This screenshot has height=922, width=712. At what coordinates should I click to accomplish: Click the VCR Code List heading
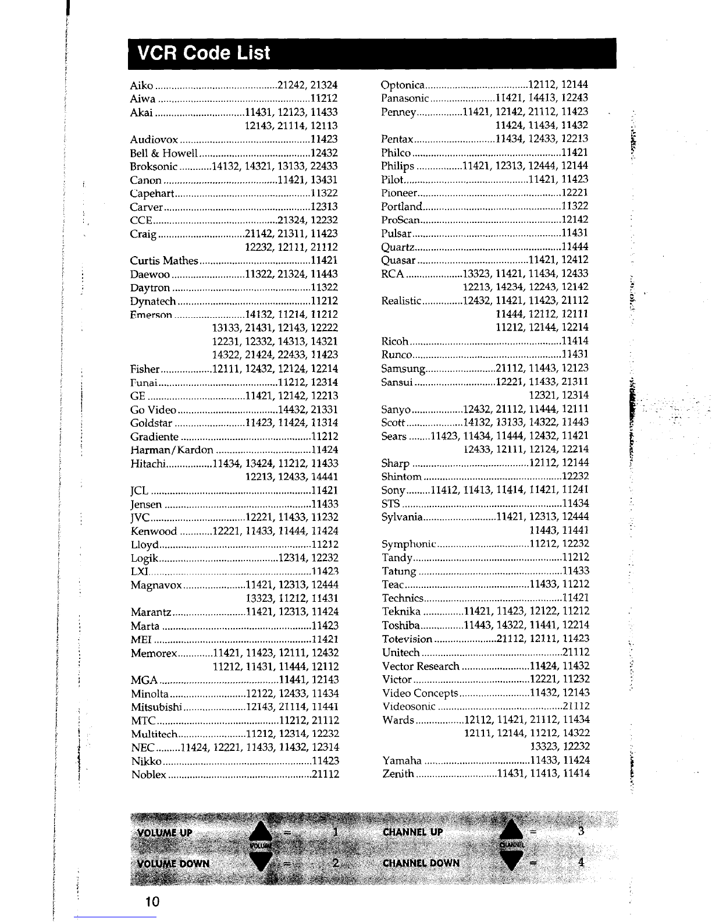pyautogui.click(x=204, y=54)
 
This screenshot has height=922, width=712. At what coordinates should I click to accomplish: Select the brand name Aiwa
pyautogui.click(x=143, y=99)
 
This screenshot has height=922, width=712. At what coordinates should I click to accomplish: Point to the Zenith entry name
pyautogui.click(x=398, y=774)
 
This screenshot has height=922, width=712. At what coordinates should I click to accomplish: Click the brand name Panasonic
pyautogui.click(x=405, y=98)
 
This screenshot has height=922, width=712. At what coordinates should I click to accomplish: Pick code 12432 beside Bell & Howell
pyautogui.click(x=324, y=153)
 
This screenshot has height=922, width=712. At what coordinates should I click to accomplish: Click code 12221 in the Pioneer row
pyautogui.click(x=575, y=193)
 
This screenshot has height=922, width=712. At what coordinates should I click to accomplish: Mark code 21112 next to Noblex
pyautogui.click(x=325, y=775)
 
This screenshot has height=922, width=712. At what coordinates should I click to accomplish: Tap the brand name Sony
pyautogui.click(x=393, y=490)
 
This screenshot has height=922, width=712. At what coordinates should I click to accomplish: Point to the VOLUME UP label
pyautogui.click(x=165, y=832)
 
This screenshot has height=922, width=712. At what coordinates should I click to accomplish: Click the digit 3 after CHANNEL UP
pyautogui.click(x=580, y=831)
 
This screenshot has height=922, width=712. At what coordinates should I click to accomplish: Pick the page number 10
pyautogui.click(x=152, y=902)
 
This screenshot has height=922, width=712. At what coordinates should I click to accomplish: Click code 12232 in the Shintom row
pyautogui.click(x=575, y=476)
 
